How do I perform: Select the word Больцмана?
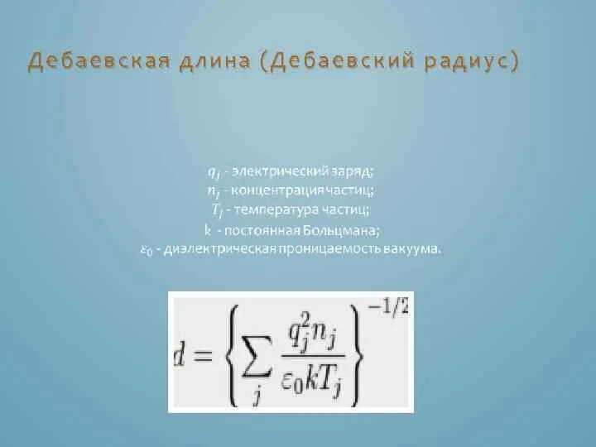click(344, 229)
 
